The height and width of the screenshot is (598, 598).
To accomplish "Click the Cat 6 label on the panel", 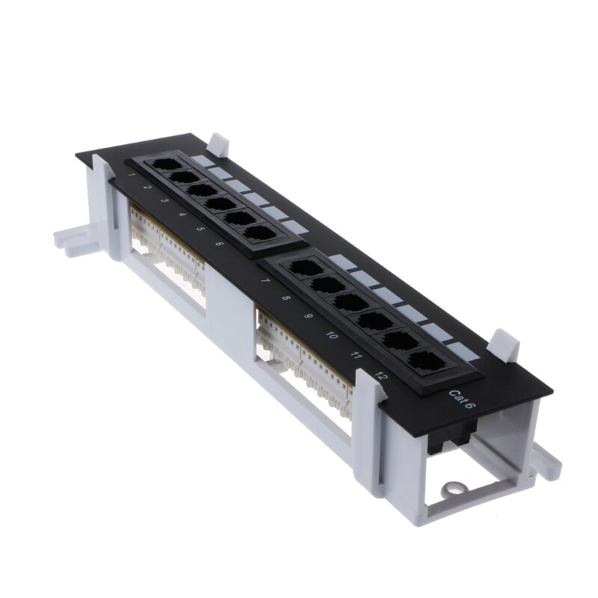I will [x=460, y=400].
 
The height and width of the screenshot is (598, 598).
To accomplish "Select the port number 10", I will [x=332, y=336].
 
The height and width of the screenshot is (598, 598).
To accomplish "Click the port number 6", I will [x=218, y=244].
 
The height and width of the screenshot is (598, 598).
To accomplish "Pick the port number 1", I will [x=132, y=174].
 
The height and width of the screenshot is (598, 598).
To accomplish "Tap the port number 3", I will [x=164, y=200].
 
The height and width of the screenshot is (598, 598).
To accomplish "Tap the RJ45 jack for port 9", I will [x=349, y=300].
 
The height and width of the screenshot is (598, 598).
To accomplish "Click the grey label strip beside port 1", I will [x=200, y=161].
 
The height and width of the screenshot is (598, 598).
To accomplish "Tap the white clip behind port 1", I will [x=218, y=143].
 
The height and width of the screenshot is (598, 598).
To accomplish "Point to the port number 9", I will [x=308, y=317].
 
